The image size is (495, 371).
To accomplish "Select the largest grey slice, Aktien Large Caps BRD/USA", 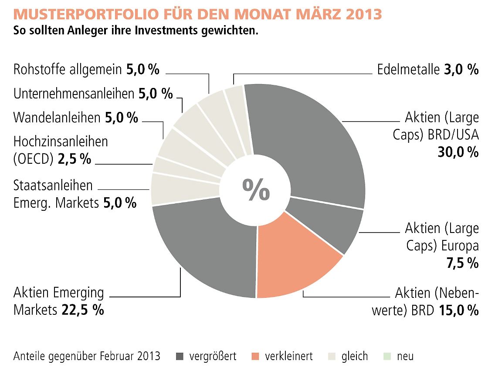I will (309, 139).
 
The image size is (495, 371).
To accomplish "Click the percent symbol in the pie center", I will (256, 190).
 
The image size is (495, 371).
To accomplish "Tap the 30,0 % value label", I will (458, 152).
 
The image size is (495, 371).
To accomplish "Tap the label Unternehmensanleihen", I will (74, 94).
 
